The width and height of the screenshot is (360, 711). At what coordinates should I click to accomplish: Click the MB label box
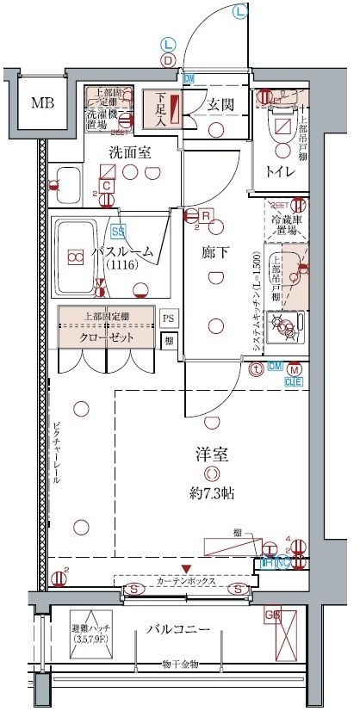pos(40,104)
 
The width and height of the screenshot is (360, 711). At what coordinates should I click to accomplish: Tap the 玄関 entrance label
pos(220,105)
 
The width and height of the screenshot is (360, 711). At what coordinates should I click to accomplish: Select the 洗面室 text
pos(129,152)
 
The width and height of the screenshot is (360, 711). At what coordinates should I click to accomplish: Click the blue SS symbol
pos(118,231)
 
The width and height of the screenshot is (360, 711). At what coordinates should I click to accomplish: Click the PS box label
pos(169,318)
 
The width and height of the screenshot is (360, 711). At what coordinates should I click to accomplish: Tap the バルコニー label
pos(177,630)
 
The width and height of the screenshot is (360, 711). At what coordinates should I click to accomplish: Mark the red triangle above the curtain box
pos(187,568)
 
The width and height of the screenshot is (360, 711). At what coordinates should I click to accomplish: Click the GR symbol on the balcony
pos(272,615)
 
